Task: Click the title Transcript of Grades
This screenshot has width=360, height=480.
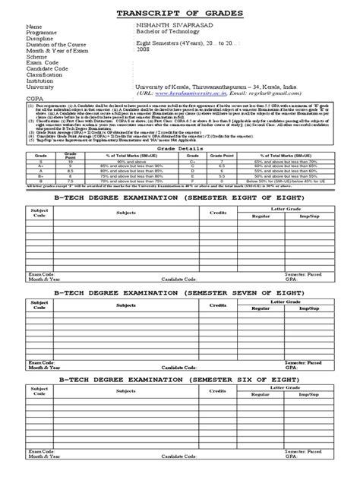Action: (x=179, y=12)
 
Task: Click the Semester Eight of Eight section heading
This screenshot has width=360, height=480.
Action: (x=179, y=196)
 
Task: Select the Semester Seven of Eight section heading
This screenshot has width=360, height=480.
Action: (x=179, y=291)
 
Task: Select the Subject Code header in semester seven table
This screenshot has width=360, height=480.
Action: (x=37, y=305)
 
